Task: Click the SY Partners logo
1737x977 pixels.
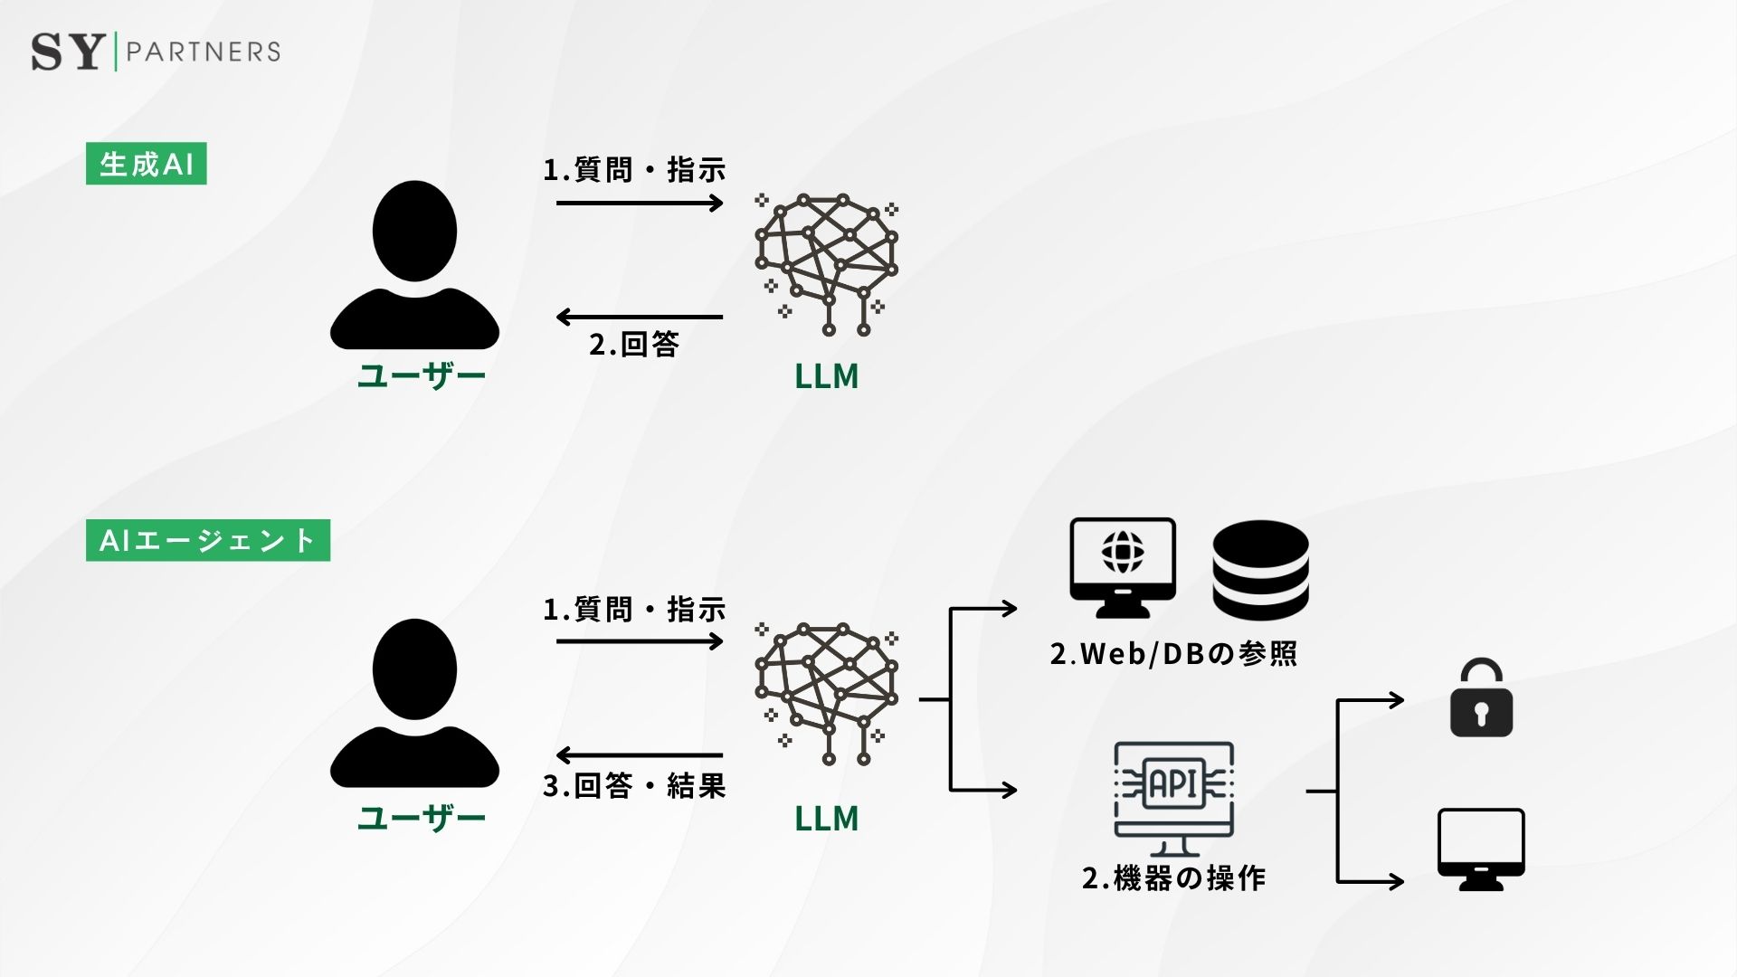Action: [156, 52]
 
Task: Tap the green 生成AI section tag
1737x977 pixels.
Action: [147, 164]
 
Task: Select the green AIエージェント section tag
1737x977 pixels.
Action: [208, 540]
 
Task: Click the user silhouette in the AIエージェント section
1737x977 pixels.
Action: [414, 703]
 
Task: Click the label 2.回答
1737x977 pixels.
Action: [634, 345]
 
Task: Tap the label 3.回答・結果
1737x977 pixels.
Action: [634, 785]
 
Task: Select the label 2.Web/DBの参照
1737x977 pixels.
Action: [1174, 653]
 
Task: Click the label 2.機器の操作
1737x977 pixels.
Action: [1174, 877]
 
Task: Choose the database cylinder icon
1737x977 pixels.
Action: [1260, 569]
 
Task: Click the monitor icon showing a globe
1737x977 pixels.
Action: [1123, 567]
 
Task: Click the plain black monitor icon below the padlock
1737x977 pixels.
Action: [1481, 849]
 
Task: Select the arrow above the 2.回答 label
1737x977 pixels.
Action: [640, 317]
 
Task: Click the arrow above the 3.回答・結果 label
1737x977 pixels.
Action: [640, 754]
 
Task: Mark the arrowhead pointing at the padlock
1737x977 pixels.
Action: [1397, 699]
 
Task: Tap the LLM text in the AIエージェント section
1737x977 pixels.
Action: [827, 818]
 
